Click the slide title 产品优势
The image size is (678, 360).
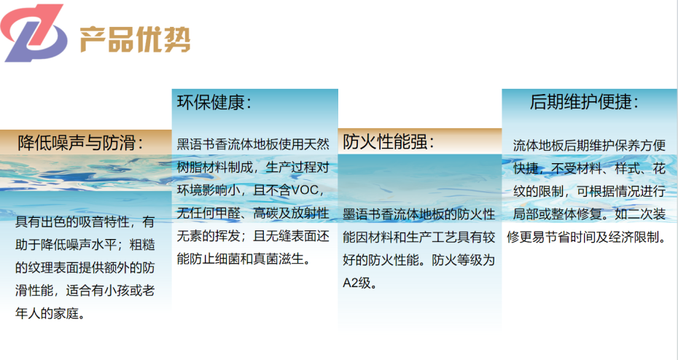point(134,39)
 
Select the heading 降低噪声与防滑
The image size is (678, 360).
point(80,141)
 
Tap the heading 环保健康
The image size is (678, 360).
point(214,102)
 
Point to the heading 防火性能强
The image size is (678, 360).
point(388,141)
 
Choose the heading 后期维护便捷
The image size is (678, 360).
point(584,102)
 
